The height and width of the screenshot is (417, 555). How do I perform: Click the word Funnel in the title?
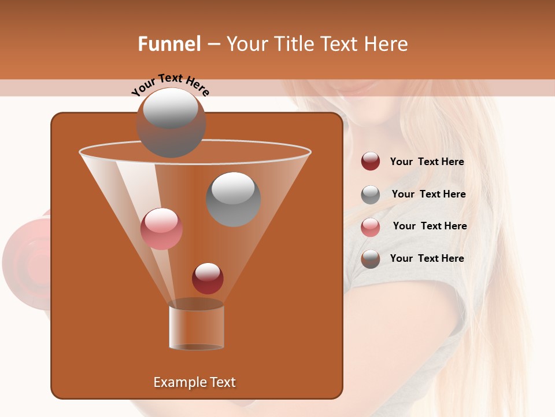[169, 44]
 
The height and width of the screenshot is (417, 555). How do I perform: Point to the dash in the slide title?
[213, 45]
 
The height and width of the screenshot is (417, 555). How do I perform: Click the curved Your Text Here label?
[171, 85]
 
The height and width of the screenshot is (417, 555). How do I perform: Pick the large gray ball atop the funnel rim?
[171, 123]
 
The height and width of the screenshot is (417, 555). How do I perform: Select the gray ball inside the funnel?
[233, 199]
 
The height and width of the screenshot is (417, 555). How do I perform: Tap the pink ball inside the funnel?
[161, 229]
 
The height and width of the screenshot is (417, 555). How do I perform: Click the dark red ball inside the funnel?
[208, 278]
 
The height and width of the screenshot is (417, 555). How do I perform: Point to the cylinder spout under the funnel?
[196, 327]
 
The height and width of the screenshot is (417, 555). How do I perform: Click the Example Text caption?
[194, 382]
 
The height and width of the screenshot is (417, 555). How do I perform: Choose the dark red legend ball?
[371, 162]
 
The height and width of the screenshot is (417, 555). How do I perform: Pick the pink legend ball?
[371, 227]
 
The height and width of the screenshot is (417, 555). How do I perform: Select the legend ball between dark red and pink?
[371, 195]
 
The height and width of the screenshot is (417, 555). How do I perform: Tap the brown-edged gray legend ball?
[371, 259]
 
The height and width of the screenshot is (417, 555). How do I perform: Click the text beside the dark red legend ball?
[427, 162]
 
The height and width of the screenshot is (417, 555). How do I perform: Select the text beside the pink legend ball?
[430, 226]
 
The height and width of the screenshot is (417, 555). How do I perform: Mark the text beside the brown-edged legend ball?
[427, 258]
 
